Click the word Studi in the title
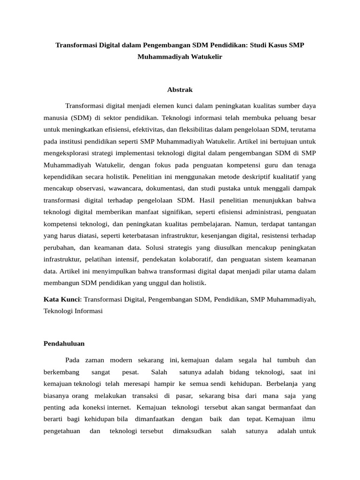(260, 46)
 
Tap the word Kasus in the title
(283, 46)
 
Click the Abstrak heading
(180, 90)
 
